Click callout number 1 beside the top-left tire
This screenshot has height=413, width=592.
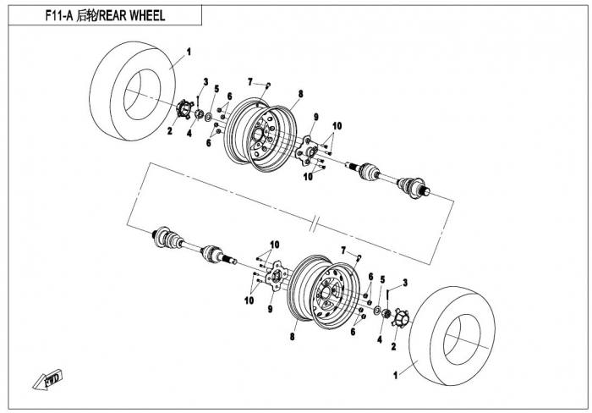[x=189, y=52]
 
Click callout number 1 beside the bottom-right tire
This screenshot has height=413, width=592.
[x=395, y=372]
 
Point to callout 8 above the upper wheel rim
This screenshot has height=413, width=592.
[x=299, y=92]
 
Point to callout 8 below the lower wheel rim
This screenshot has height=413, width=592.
[x=293, y=336]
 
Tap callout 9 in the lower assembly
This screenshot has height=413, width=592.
[x=271, y=309]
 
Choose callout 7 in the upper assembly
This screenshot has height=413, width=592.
[x=250, y=81]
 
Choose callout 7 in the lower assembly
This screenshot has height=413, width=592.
[x=343, y=251]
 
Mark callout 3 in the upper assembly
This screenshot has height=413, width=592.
[x=205, y=81]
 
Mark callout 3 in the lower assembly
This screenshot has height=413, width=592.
[x=405, y=282]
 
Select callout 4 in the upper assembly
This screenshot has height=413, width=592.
[x=189, y=132]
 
